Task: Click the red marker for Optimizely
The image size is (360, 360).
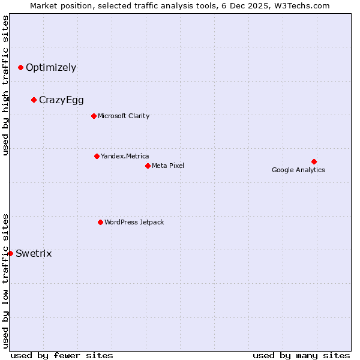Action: click(20, 67)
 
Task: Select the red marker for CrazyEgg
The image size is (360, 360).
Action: click(34, 100)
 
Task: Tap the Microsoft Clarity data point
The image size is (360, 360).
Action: click(94, 116)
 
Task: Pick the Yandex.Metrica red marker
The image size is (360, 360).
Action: click(97, 156)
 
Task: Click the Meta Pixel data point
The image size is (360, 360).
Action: click(148, 166)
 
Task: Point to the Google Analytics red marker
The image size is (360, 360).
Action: click(314, 161)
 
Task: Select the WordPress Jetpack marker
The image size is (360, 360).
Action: click(100, 222)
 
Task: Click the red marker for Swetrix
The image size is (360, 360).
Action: click(10, 253)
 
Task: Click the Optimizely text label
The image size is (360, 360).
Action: click(51, 67)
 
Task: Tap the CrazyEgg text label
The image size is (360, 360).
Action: click(61, 100)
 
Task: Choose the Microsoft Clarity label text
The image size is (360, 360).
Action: click(124, 116)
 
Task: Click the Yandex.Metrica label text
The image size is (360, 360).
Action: click(125, 156)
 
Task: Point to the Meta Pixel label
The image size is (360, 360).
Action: click(168, 166)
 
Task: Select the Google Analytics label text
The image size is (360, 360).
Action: click(298, 170)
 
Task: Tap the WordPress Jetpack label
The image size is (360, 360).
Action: click(134, 222)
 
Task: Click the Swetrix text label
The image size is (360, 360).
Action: click(34, 253)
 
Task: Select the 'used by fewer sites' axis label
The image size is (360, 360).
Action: click(62, 355)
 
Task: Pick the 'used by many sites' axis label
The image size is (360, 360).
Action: click(301, 355)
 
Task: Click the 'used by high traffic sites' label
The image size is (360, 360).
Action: click(5, 85)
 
